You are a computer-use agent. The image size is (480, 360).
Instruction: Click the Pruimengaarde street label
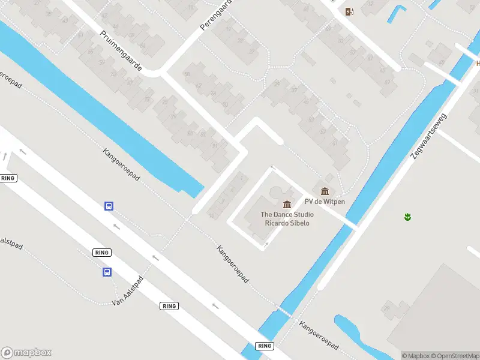(x=121, y=52)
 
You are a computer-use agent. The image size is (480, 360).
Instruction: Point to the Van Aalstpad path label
(x=130, y=290)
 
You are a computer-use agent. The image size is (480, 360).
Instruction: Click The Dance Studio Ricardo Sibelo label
(x=287, y=219)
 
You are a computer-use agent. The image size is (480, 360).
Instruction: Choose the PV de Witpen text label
(x=325, y=202)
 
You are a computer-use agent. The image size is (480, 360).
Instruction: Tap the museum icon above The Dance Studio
(x=287, y=205)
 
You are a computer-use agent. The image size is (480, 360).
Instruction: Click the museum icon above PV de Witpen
(x=325, y=191)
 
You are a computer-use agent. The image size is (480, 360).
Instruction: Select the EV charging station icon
(x=349, y=11)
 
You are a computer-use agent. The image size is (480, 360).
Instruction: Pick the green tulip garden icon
(x=407, y=216)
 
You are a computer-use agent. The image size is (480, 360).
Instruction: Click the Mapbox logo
(x=26, y=353)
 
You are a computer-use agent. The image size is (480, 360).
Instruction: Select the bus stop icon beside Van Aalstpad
(x=106, y=272)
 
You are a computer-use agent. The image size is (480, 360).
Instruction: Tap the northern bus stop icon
(x=109, y=206)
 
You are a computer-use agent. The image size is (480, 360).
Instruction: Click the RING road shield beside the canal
(x=264, y=346)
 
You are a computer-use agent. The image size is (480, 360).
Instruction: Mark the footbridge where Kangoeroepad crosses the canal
(x=285, y=311)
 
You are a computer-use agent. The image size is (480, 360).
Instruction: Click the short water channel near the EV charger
(x=397, y=13)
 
